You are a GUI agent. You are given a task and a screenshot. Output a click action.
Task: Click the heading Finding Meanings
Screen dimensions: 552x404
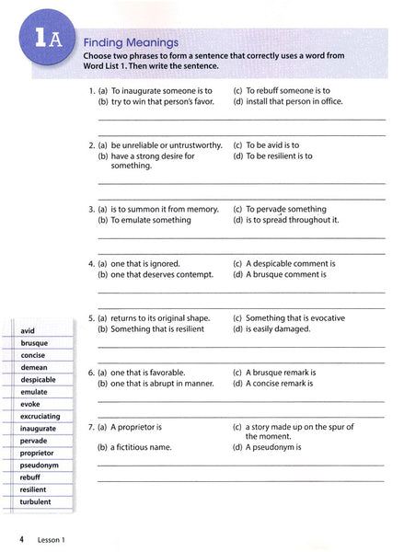pos(126,42)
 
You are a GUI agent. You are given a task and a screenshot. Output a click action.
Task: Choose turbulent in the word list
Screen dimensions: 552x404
pos(35,501)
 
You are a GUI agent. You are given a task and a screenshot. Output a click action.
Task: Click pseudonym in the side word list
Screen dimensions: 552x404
pos(38,465)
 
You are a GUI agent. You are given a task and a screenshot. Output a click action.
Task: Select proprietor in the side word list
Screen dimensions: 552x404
pos(37,453)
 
